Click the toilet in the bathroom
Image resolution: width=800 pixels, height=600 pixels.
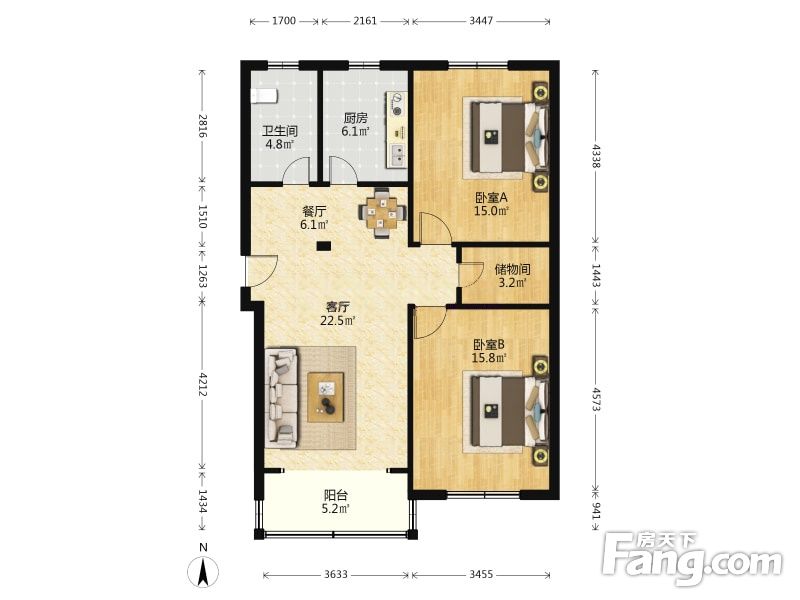(x=264, y=95)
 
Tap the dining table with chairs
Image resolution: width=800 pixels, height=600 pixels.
(x=383, y=213)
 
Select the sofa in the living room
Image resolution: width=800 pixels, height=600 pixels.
(x=281, y=398)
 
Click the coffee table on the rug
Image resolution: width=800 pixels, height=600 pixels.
(x=326, y=397)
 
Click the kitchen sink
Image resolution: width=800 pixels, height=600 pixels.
(x=397, y=156)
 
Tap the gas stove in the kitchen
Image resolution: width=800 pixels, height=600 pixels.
(x=397, y=104)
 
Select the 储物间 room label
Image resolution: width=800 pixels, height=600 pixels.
(x=512, y=269)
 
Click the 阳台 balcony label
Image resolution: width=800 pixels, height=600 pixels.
(x=336, y=495)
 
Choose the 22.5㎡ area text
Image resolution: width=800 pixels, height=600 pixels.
(x=337, y=321)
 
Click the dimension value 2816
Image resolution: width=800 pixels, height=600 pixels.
(x=203, y=126)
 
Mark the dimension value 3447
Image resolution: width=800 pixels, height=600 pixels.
(x=481, y=20)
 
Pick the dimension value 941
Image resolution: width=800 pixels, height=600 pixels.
(x=596, y=509)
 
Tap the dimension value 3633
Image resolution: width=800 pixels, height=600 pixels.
(x=336, y=574)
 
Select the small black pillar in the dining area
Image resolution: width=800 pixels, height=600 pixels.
(x=323, y=246)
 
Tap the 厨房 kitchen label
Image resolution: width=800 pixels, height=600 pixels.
(x=355, y=118)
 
